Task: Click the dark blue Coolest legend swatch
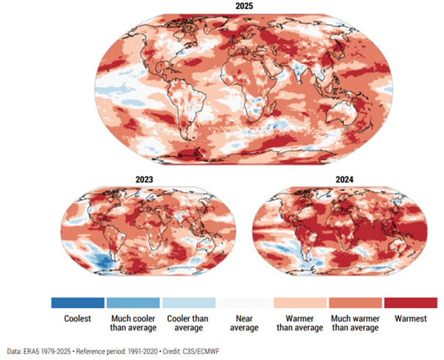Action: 77,303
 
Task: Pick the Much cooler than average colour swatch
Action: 133,303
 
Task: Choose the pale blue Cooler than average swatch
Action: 189,303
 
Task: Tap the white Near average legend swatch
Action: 245,303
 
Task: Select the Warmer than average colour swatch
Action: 300,303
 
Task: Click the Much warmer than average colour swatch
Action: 356,303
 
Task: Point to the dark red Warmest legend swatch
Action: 411,303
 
